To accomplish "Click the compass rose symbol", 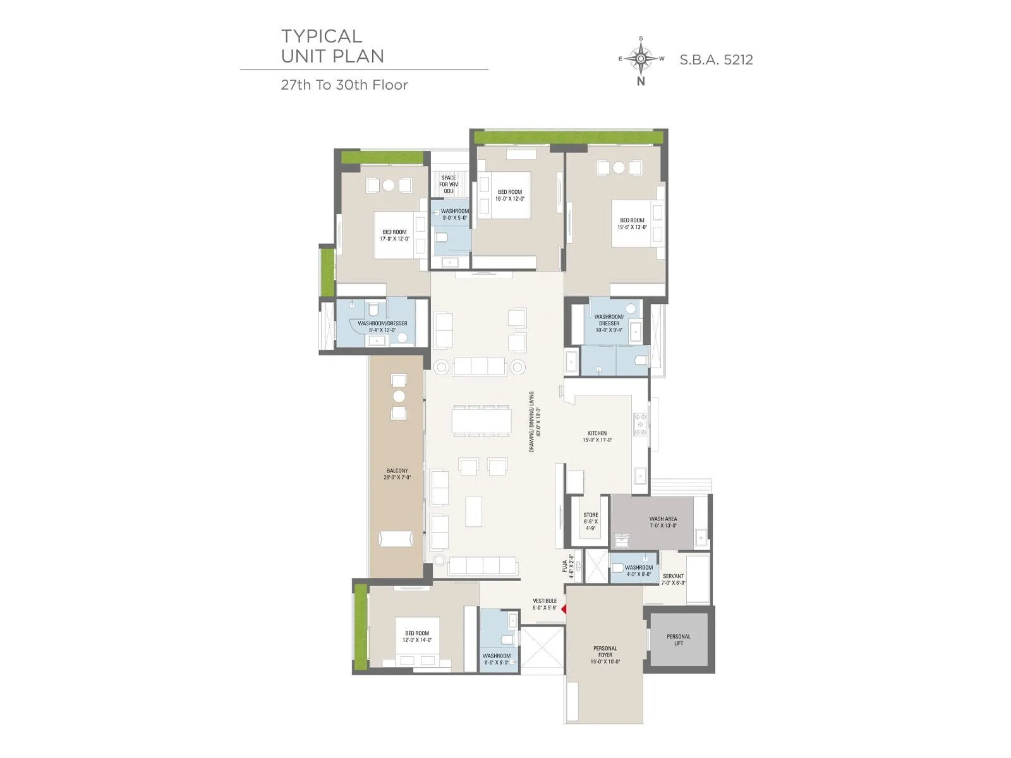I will pos(641,59).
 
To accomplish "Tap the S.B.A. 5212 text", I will pos(716,60).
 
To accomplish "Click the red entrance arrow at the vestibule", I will pos(563,609).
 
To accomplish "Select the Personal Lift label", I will pos(679,640).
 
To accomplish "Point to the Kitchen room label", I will pos(597,436).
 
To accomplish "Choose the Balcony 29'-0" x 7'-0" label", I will pos(397,474).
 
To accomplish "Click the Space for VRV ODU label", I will pos(449,184).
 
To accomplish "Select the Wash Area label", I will pos(663,522).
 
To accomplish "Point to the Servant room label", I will pos(673,579).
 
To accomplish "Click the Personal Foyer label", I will pos(605,655).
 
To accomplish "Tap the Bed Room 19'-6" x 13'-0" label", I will pos(632,224).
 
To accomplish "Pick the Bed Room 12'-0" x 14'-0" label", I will pos(417,636).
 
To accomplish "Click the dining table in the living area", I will pos(480,421).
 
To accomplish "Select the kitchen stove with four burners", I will pos(640,424).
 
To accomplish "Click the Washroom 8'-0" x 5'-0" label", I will pos(497,659).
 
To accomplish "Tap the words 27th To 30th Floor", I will pos(344,85).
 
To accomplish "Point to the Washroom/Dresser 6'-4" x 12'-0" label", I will pos(382,327).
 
